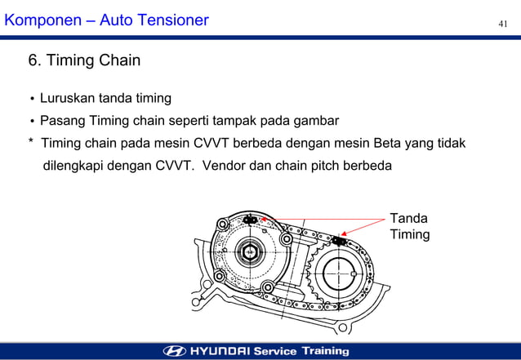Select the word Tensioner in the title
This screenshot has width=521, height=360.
(173, 19)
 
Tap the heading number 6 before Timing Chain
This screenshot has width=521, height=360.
(34, 60)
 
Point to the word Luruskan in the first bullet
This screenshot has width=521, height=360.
(68, 99)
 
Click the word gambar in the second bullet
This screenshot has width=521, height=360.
(315, 122)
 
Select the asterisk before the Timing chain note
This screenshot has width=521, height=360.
(31, 144)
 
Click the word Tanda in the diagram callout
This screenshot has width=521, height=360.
(408, 219)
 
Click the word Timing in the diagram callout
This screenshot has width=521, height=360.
(410, 234)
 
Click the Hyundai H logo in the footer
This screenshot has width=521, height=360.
(175, 351)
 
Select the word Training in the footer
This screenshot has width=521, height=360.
(325, 351)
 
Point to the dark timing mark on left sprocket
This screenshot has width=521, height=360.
(251, 220)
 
